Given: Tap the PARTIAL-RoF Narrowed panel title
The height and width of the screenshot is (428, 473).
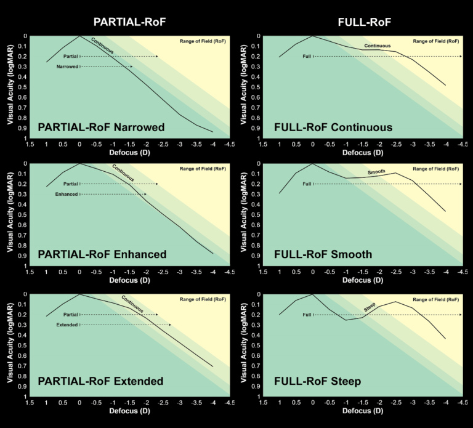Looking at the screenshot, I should [101, 127].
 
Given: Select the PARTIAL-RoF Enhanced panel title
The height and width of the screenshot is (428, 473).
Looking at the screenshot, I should [102, 254].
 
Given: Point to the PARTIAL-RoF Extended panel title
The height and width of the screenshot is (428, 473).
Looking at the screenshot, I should [100, 381].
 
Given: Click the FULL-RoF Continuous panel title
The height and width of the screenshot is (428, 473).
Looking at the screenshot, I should [333, 127].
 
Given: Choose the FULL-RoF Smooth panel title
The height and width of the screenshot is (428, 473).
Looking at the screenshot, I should [323, 254].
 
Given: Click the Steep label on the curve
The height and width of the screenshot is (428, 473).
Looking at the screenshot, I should [370, 306].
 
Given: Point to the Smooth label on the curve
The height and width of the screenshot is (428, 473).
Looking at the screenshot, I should [376, 172].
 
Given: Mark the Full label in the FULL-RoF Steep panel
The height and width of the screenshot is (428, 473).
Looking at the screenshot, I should [306, 315].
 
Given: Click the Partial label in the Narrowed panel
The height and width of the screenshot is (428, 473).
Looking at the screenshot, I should [71, 56].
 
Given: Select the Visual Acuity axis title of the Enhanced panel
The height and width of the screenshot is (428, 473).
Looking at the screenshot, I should [12, 214].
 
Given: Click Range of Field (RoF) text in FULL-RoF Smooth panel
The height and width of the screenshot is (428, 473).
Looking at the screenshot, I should [435, 169].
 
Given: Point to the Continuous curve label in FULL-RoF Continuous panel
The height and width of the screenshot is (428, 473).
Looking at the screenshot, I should [378, 46].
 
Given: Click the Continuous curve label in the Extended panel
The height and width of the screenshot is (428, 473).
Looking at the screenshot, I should [132, 303].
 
